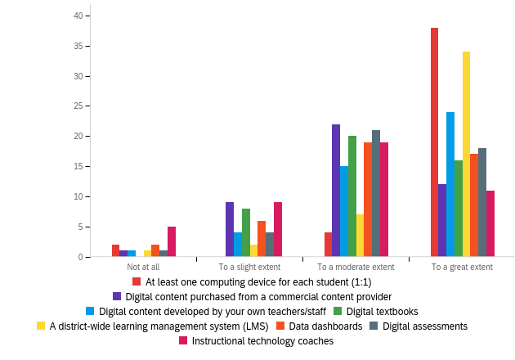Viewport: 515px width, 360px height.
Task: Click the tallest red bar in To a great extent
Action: pos(434,142)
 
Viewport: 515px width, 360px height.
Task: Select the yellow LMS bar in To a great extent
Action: pos(466,155)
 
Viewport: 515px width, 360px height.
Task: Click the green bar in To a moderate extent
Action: pos(352,196)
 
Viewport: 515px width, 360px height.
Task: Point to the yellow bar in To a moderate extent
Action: pos(360,236)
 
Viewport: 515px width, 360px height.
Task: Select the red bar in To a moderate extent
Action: pos(328,245)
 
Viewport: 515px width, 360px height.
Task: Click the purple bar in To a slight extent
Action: pos(230,230)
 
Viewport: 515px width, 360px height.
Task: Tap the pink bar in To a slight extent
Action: pos(278,230)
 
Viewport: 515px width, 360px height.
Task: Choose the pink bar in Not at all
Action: pos(172,242)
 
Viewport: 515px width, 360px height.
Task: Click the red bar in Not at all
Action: pos(116,251)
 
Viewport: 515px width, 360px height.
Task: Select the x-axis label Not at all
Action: pos(144,267)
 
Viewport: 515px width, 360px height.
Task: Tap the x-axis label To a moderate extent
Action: pos(356,267)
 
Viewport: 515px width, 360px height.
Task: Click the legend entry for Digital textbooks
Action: pos(382,311)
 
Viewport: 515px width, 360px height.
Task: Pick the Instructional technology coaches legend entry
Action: pos(262,340)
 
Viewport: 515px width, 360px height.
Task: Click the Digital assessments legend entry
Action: pos(424,326)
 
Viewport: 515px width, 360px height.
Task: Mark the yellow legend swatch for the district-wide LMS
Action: pos(41,326)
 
